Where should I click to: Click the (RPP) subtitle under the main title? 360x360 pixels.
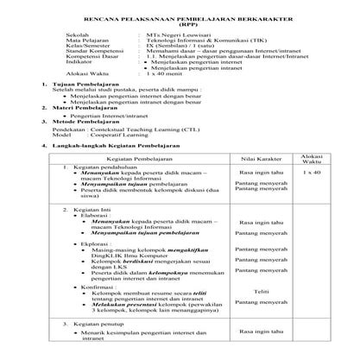click(x=179, y=23)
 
